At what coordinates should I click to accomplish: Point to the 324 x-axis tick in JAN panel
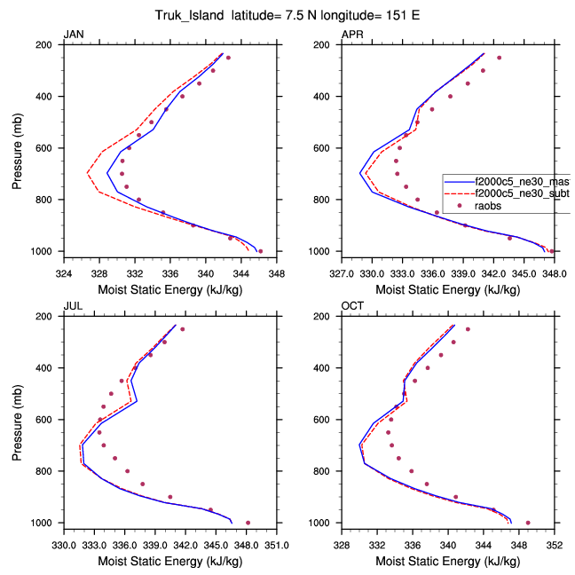point(63,273)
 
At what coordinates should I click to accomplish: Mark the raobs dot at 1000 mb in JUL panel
point(248,523)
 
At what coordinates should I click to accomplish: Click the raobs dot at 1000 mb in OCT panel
point(528,523)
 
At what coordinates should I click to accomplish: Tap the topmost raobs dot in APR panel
point(500,58)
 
